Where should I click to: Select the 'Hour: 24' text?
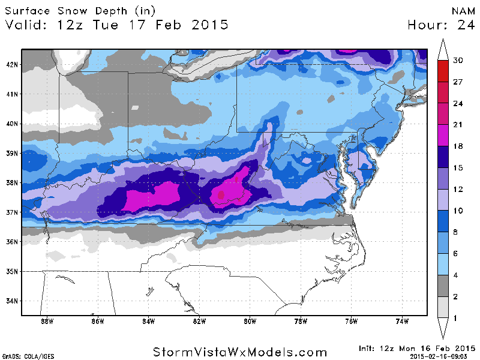(x=441, y=25)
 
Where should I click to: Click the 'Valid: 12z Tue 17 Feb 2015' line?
(x=117, y=25)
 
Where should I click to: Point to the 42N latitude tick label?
(x=12, y=64)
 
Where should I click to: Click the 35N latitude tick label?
(x=12, y=271)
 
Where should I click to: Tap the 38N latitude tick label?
(x=12, y=182)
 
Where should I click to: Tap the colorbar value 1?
(x=457, y=317)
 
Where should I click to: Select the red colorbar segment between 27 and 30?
(x=443, y=68)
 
